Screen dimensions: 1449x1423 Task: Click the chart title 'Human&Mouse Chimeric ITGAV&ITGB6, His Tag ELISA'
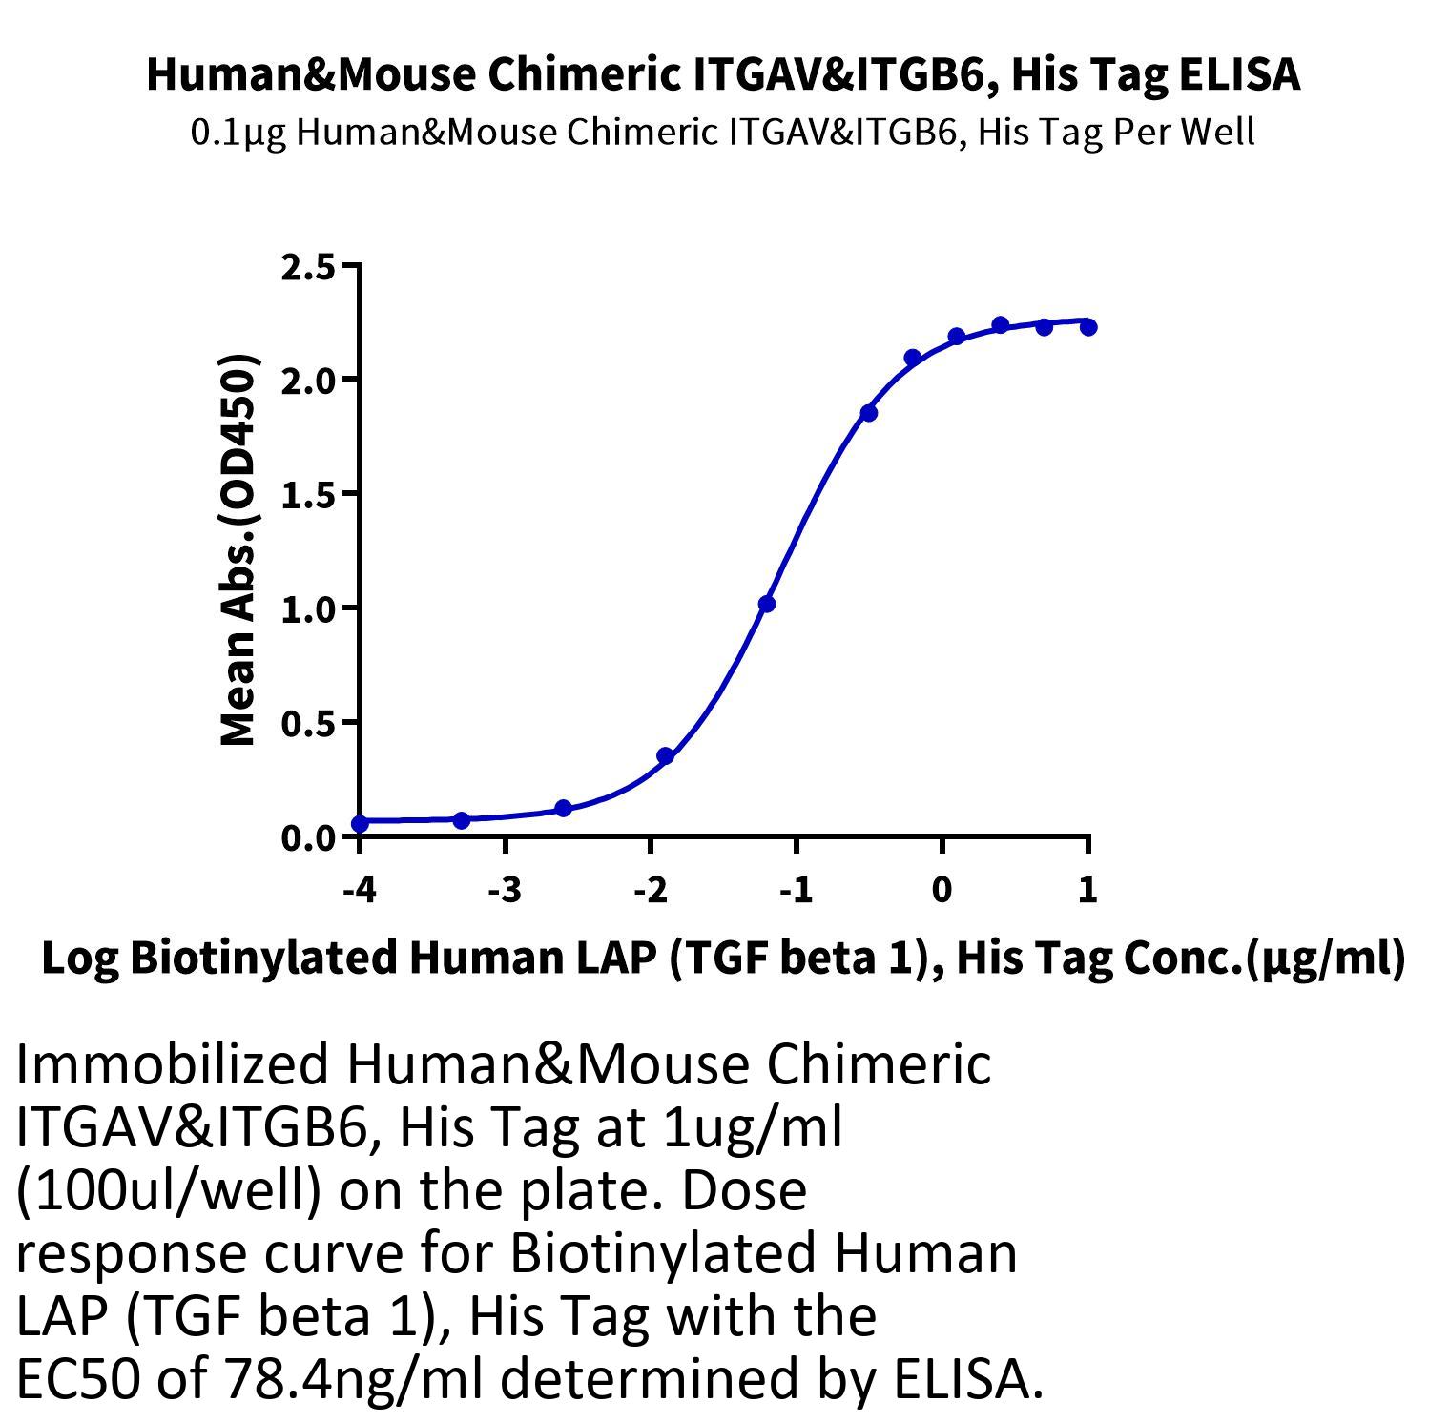pyautogui.click(x=723, y=74)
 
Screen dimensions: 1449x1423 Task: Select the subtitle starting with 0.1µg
pyautogui.click(x=722, y=132)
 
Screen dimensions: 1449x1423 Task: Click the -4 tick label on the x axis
pyautogui.click(x=359, y=890)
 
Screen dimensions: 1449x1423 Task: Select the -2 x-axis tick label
pyautogui.click(x=651, y=890)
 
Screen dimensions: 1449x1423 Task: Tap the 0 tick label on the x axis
pyautogui.click(x=942, y=890)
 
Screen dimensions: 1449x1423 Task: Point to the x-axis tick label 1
pyautogui.click(x=1087, y=890)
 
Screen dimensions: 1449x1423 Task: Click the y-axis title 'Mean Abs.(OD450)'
pyautogui.click(x=238, y=550)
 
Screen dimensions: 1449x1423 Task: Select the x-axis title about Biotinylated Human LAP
pyautogui.click(x=723, y=958)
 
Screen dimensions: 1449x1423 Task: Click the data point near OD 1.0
pyautogui.click(x=767, y=604)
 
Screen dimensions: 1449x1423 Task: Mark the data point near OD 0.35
pyautogui.click(x=666, y=756)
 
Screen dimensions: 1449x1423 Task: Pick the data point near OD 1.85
pyautogui.click(x=869, y=413)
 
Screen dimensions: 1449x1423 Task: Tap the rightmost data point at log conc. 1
pyautogui.click(x=1088, y=327)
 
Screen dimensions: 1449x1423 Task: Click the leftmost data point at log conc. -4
pyautogui.click(x=360, y=823)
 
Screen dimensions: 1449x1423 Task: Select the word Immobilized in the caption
pyautogui.click(x=172, y=1063)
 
